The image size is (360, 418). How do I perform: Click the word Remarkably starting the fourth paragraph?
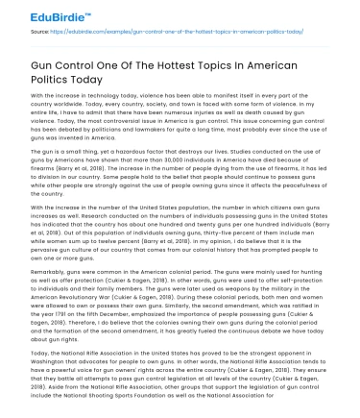click(49, 303)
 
